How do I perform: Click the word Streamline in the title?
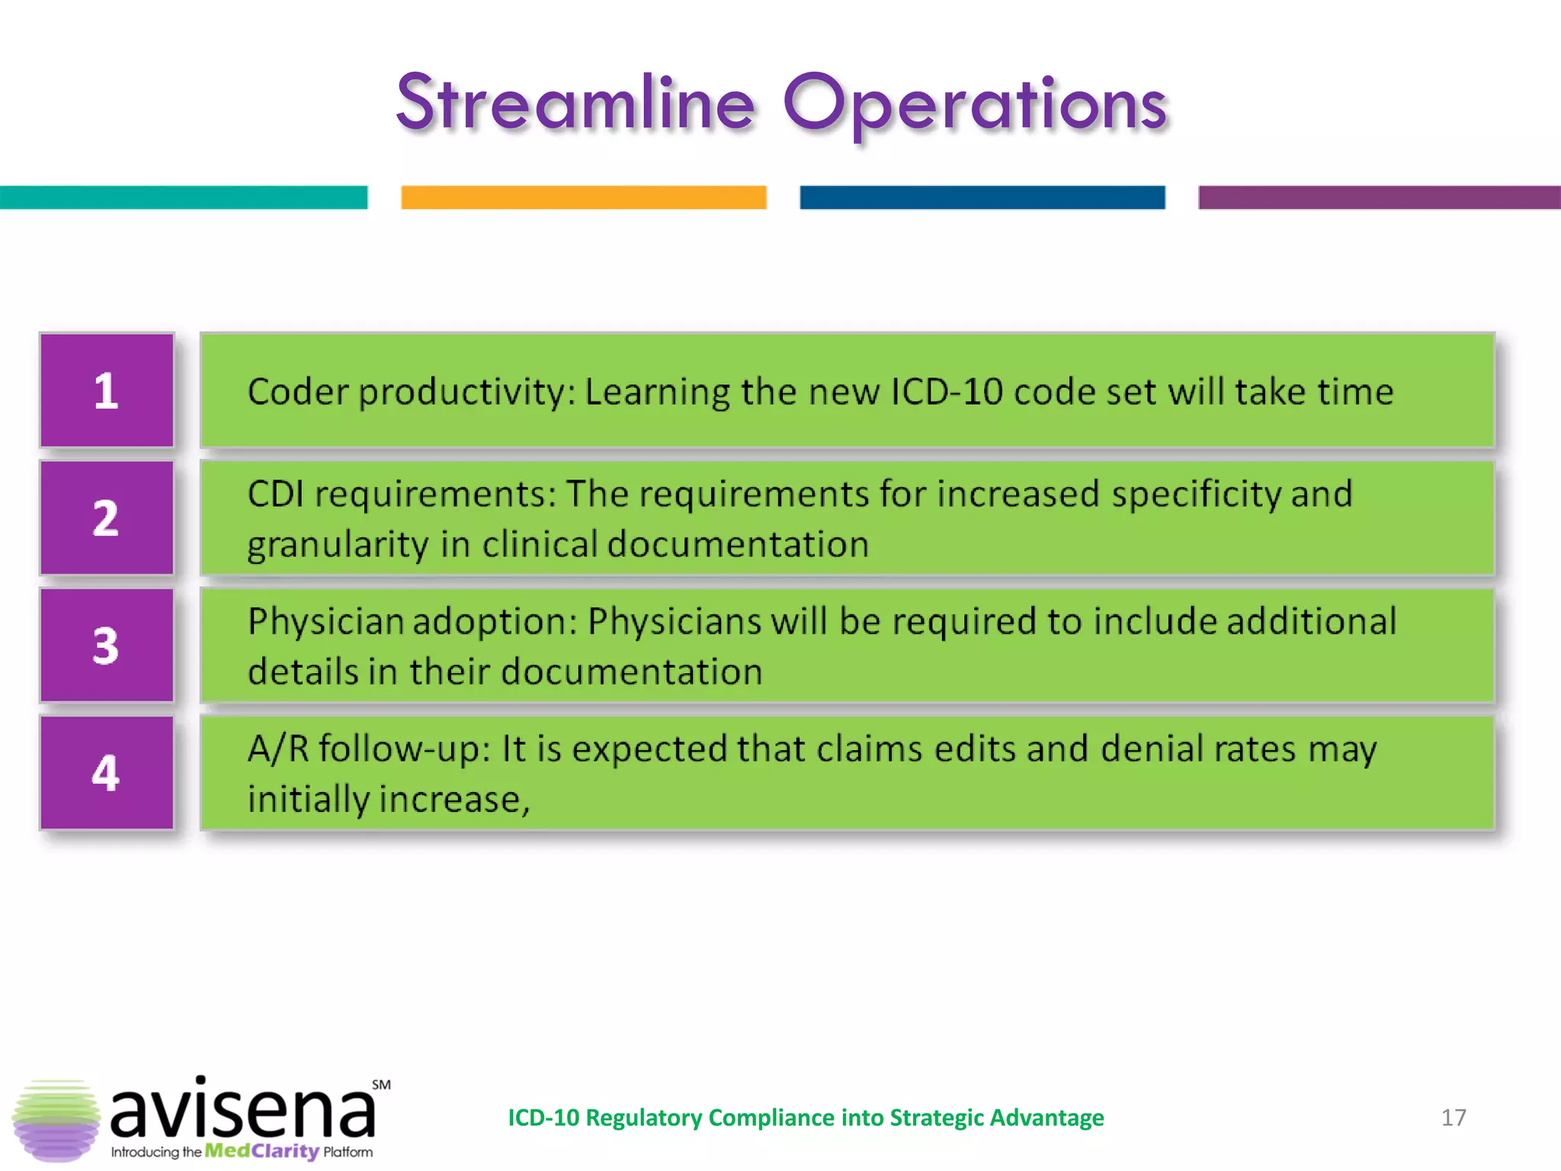point(575,103)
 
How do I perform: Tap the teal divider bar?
point(183,197)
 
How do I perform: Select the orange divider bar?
point(583,197)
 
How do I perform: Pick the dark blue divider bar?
point(982,197)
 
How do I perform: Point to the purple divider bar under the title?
point(1378,197)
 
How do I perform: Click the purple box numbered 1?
point(107,390)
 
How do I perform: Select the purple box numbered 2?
point(107,518)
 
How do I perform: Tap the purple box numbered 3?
point(107,645)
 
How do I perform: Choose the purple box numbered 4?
point(107,772)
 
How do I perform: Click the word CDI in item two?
point(275,494)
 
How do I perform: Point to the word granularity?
point(338,545)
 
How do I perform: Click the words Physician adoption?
point(412,621)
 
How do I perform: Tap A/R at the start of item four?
point(278,749)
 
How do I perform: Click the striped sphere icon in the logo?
point(56,1120)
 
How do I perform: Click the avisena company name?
point(242,1109)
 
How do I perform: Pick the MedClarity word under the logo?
point(261,1150)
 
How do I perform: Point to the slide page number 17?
point(1453,1118)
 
